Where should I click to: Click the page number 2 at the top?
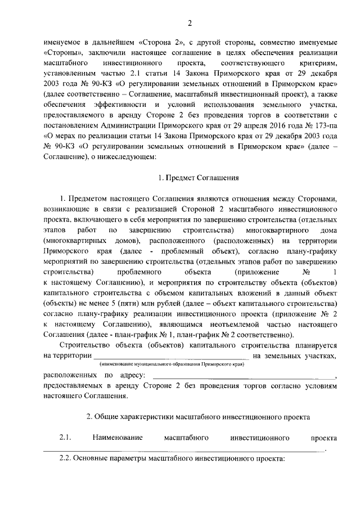click(190, 23)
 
